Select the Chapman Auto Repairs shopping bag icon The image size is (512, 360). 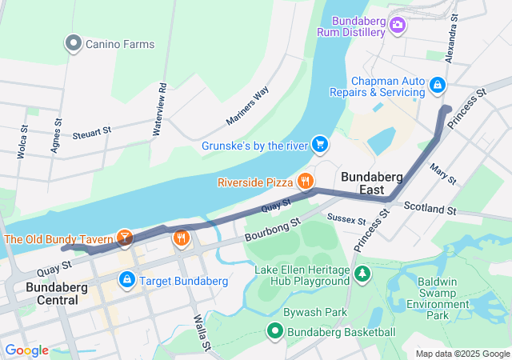pos(437,84)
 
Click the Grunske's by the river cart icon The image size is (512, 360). pos(319,144)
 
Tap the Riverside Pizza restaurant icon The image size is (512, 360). pos(305,182)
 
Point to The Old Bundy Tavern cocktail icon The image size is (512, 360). pos(124,238)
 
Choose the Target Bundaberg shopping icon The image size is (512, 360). pos(126,280)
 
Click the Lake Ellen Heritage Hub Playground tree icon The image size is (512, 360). pos(362,275)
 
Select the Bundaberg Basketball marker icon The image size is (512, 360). pos(275,331)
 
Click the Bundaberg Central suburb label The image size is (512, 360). pos(52,294)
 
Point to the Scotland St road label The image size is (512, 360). pos(429,210)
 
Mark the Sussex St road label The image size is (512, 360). pos(346,218)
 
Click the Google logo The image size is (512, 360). pos(26,350)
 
